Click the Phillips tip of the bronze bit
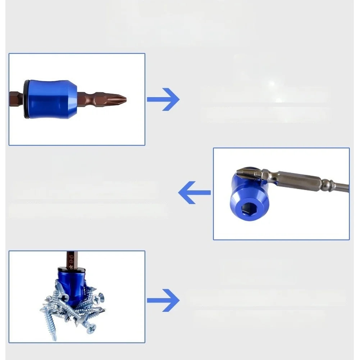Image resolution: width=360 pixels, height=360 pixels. (120, 98)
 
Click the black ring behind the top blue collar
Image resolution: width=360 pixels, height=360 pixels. (27, 99)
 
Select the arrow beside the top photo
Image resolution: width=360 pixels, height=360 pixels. (164, 99)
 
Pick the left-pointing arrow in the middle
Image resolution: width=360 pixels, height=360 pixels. (194, 193)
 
